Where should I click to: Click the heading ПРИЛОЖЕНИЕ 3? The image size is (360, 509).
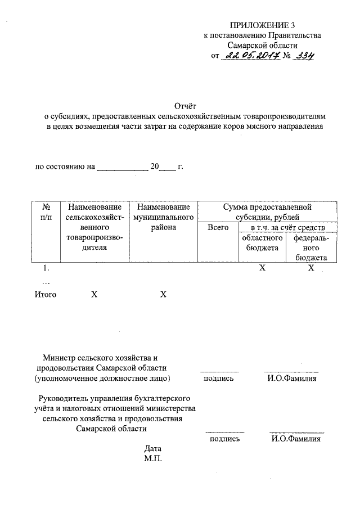point(262,25)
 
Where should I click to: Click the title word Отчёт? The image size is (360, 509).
point(184,106)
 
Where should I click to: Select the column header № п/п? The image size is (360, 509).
point(47,213)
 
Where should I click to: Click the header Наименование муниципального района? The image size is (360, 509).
point(163,217)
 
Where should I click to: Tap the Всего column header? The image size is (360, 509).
point(218,227)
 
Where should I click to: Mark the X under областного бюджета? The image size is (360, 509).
point(262,268)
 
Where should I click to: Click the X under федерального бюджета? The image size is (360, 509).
point(310,268)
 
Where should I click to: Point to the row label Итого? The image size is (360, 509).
point(46,294)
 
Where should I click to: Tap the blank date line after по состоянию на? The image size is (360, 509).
point(122,167)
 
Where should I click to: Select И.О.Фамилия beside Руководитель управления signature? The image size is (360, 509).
point(295,439)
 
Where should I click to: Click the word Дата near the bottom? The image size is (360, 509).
point(152,449)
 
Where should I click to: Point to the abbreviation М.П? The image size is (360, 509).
point(152,459)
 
